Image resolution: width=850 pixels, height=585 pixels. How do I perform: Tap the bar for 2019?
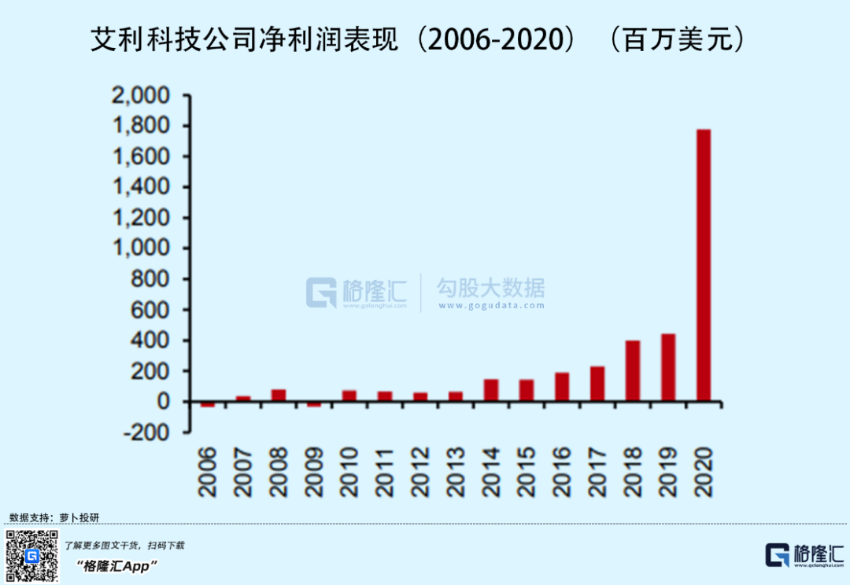coord(668,368)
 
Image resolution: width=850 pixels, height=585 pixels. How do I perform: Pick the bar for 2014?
coord(491,390)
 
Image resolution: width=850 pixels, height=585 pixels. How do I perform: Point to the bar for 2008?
coord(279,395)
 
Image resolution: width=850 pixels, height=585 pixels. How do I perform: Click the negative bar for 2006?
coord(208,404)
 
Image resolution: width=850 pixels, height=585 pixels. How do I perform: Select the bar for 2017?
coord(597,384)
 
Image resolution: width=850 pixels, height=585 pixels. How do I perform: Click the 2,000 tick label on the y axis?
coord(142,96)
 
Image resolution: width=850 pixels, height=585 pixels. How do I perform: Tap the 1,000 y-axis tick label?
coord(142,248)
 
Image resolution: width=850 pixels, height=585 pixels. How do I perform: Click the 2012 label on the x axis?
coord(420,472)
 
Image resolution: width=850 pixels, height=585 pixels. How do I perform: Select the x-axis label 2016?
coord(562,472)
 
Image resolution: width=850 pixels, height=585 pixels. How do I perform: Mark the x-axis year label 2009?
coord(314,472)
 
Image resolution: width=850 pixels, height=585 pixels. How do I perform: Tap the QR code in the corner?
coord(32,556)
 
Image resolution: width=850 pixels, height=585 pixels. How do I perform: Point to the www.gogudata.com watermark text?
coord(491,305)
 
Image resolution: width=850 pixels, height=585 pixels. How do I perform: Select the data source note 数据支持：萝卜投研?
coord(54,517)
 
